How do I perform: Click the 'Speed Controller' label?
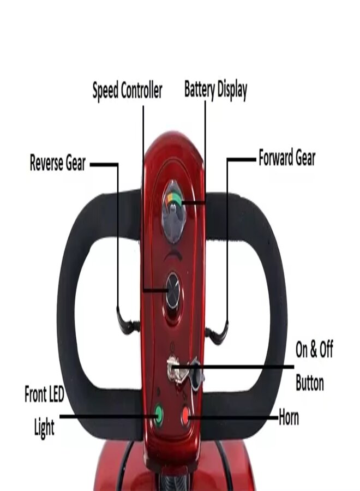pyautogui.click(x=127, y=91)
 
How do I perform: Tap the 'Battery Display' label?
pyautogui.click(x=215, y=89)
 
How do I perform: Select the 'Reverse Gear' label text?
pyautogui.click(x=58, y=163)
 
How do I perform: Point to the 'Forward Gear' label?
pyautogui.click(x=287, y=159)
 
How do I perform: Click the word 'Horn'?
pyautogui.click(x=289, y=418)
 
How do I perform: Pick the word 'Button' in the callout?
pyautogui.click(x=310, y=382)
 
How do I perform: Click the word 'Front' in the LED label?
pyautogui.click(x=37, y=394)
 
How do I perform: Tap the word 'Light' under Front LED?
pyautogui.click(x=44, y=427)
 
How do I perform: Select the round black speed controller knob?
pyautogui.click(x=173, y=290)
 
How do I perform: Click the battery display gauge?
pyautogui.click(x=174, y=211)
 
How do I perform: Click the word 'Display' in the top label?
pyautogui.click(x=231, y=89)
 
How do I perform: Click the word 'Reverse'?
pyautogui.click(x=47, y=163)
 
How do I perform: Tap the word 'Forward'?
pyautogui.click(x=276, y=159)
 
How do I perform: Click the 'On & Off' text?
pyautogui.click(x=314, y=350)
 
